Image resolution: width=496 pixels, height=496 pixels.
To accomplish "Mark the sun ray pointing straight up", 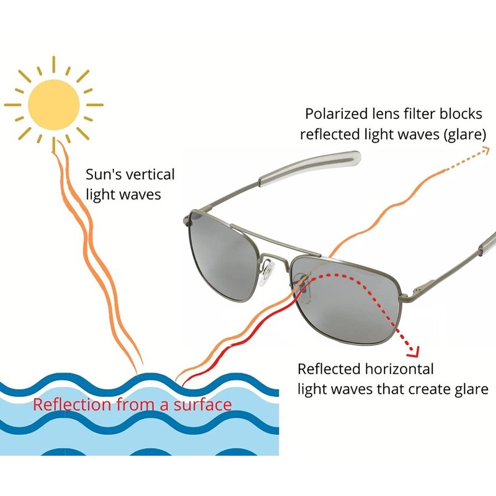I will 53,63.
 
